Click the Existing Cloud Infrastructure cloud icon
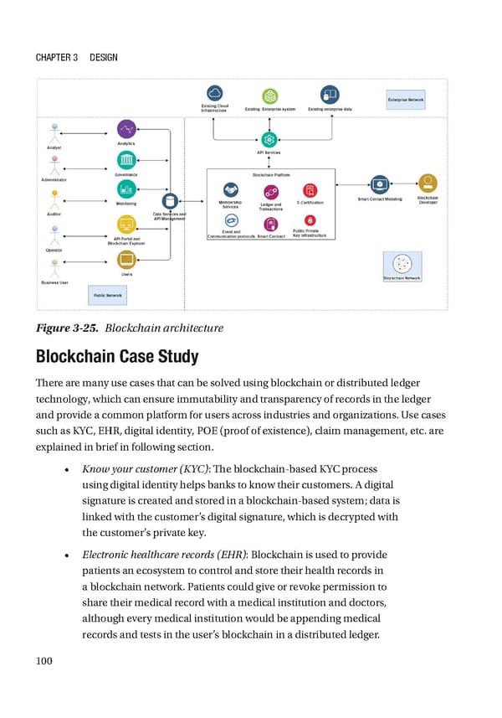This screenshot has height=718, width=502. point(214,94)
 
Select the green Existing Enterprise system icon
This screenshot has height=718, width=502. point(269,96)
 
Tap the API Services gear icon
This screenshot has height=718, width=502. point(269,140)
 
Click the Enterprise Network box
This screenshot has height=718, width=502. point(405,99)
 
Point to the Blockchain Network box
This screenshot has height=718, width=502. point(402,266)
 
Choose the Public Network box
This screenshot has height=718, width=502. point(107,295)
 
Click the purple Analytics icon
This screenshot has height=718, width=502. point(126,129)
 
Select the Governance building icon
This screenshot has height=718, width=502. point(126,160)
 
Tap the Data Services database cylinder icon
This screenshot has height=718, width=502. point(170,200)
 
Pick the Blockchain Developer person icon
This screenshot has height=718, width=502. point(428,183)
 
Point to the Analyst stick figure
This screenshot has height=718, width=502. point(56,135)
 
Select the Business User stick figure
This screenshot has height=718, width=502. point(55,267)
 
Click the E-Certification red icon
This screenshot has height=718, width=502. point(310,190)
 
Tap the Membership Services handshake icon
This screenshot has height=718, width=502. point(230,190)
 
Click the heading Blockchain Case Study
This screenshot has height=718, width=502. point(116,357)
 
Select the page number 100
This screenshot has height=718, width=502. point(44,661)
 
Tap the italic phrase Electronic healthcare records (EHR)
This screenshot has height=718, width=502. point(164,555)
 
